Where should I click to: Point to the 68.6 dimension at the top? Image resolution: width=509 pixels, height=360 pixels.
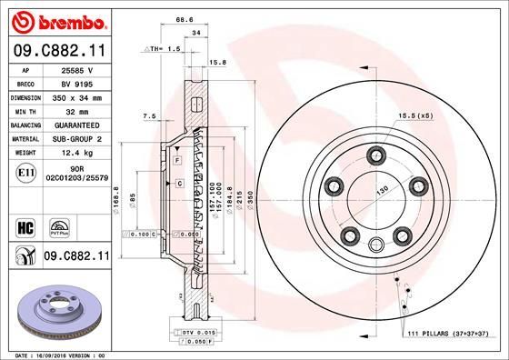(185, 18)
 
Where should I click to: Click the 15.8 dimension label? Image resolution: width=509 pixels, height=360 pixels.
(217, 62)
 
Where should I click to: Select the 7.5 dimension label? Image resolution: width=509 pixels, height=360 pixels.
(150, 115)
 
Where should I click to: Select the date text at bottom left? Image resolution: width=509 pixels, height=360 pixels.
(59, 355)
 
